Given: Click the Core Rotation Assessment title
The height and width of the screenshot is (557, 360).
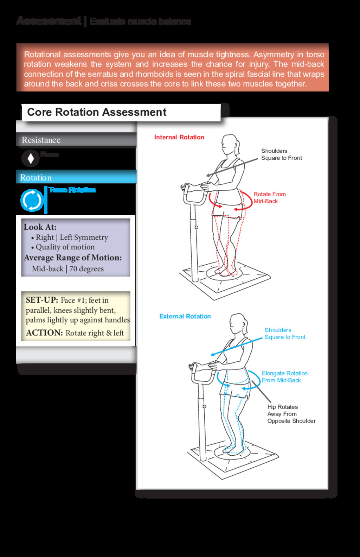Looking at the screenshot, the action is [97, 112].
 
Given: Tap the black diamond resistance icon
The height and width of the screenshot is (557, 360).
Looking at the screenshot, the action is [31, 158].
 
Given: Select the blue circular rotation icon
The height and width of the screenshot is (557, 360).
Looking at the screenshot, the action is [32, 200].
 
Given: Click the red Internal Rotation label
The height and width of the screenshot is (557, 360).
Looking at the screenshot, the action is [179, 137].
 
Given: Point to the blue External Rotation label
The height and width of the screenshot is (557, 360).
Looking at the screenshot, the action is [185, 316].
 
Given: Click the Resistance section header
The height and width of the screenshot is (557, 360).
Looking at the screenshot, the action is [41, 140].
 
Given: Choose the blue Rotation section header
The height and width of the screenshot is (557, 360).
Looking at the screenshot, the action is [36, 178].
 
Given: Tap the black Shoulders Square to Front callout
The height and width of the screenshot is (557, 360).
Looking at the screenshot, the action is [281, 154].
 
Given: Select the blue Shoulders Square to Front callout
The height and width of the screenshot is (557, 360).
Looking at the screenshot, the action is [285, 334].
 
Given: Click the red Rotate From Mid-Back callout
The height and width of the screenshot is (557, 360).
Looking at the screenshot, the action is [269, 198].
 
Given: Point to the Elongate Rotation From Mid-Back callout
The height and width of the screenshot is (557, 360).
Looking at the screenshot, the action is [284, 377].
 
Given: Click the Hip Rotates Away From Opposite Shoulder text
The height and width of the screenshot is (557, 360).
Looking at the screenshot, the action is [291, 414].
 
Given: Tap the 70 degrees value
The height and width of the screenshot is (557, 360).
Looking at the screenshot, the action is [86, 269].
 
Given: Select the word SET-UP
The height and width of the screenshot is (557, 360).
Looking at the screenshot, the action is [41, 300].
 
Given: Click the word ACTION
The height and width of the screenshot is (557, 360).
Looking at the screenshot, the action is [44, 333].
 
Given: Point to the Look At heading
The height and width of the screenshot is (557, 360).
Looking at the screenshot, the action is [40, 227].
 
